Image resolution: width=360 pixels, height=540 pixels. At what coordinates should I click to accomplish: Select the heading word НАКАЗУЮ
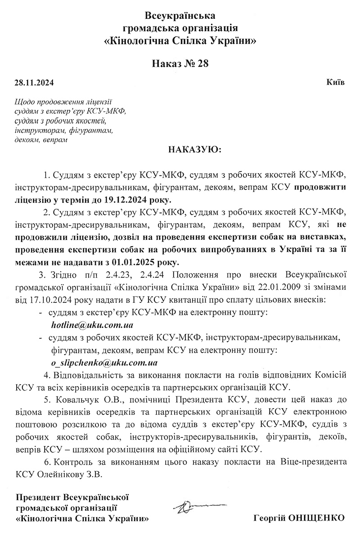click(x=194, y=149)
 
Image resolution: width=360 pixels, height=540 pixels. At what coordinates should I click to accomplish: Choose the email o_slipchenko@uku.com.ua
click(x=104, y=362)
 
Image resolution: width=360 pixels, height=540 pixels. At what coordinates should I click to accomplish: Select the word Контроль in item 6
click(x=72, y=462)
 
